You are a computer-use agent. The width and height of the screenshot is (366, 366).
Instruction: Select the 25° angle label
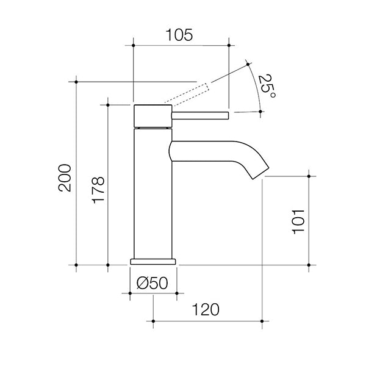point(267,87)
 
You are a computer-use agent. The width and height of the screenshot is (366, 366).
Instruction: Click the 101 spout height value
point(298,221)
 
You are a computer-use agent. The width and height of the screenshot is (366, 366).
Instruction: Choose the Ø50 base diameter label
point(152,282)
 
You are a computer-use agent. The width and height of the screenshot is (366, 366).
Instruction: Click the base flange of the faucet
point(153,261)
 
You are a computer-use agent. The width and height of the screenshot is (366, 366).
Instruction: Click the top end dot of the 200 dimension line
point(76,81)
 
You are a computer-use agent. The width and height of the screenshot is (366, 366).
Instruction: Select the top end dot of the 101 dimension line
point(310,176)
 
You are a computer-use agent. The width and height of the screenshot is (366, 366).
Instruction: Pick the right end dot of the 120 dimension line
point(263,320)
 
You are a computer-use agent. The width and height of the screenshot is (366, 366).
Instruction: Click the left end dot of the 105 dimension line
point(133,45)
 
